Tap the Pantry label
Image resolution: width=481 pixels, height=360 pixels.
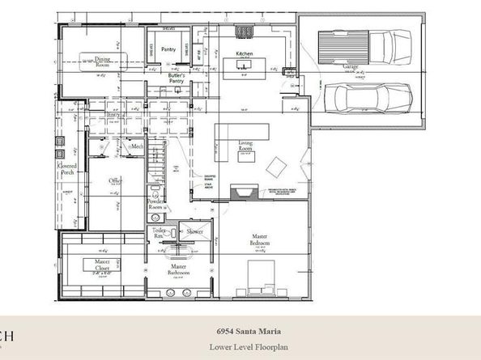point(168,50)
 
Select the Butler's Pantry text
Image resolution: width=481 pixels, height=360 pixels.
point(177,78)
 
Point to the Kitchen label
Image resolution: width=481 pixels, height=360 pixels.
point(245,54)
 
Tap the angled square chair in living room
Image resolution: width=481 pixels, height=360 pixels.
point(276,167)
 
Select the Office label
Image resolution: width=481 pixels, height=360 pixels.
point(115,181)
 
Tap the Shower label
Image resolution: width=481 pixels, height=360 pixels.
point(194,231)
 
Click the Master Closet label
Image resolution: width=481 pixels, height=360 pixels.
point(101,264)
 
